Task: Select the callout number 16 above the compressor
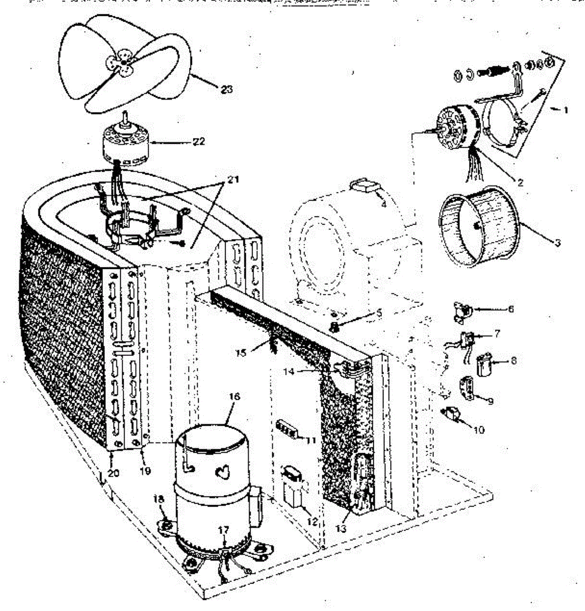pos(234,397)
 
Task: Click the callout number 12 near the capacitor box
pos(312,522)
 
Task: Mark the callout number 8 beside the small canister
pos(513,360)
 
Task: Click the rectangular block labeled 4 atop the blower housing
pos(365,185)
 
